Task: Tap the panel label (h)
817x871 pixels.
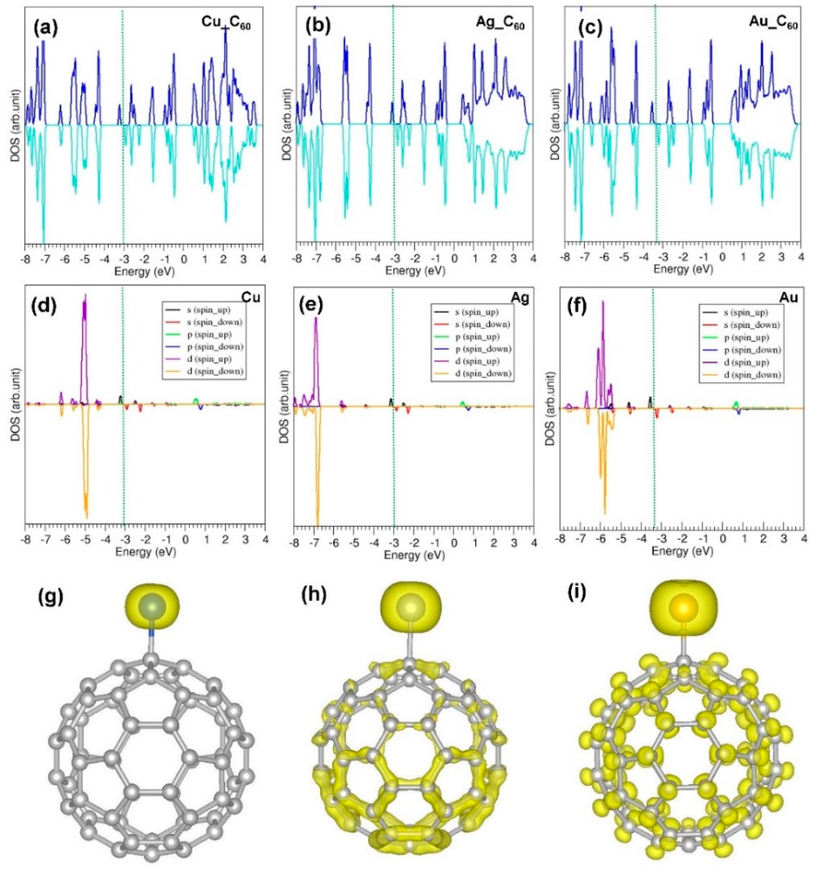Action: (314, 597)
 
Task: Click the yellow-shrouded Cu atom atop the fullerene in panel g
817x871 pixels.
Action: (152, 607)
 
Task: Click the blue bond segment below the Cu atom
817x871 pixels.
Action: (151, 633)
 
